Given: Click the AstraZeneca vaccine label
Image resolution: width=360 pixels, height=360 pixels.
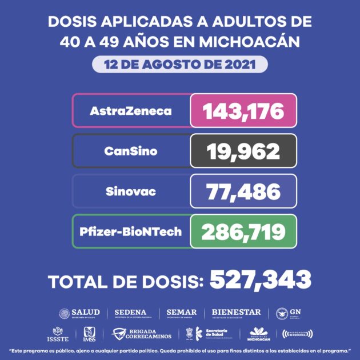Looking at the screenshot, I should [x=131, y=110].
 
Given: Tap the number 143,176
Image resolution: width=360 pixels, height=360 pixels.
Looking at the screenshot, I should [x=244, y=110].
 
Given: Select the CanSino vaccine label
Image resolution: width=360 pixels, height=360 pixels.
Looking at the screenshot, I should [x=131, y=151].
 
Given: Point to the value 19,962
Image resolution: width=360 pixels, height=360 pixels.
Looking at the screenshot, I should [x=244, y=151].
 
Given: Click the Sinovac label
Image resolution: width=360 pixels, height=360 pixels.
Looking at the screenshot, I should [x=131, y=191].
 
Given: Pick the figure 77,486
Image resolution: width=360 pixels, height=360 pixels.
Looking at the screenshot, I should [x=244, y=191].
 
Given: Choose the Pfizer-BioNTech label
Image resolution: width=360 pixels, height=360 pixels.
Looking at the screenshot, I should [x=131, y=231].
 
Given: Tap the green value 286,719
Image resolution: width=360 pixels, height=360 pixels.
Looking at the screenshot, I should [x=244, y=231].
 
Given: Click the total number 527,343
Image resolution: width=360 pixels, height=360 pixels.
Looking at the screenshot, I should [x=261, y=280].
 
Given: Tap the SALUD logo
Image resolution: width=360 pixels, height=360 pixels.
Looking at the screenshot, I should [x=80, y=313].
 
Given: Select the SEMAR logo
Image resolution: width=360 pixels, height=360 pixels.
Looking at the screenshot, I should [x=181, y=313].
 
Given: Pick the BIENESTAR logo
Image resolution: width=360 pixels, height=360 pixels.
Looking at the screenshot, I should [x=236, y=313].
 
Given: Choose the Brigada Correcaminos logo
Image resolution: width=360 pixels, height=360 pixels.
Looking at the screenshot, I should [x=141, y=333].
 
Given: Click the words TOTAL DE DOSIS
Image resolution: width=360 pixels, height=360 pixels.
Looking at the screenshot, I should [x=126, y=281].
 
